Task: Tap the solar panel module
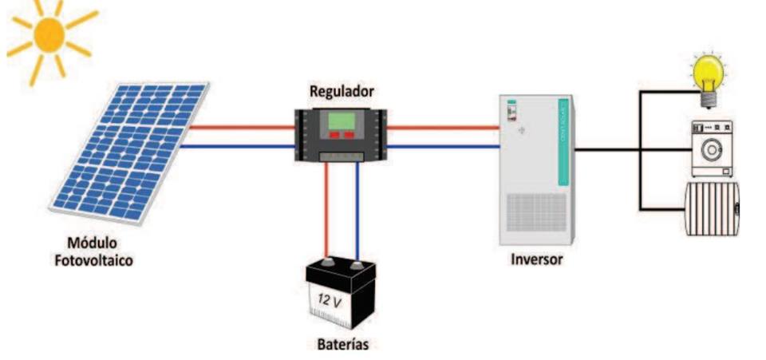(128, 152)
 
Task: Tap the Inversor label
(537, 259)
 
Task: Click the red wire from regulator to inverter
(443, 126)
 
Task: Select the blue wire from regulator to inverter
(443, 146)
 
